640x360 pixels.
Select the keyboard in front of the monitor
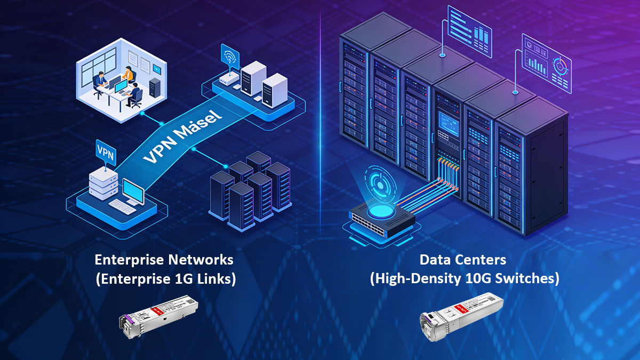[122, 206]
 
